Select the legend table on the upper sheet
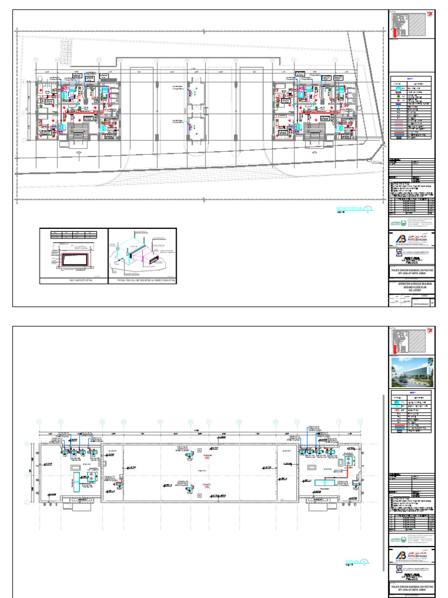(411, 109)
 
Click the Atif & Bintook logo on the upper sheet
(411, 239)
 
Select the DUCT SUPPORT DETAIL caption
(73, 281)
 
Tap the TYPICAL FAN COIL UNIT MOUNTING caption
(142, 281)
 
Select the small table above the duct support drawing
(73, 234)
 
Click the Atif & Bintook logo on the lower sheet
(411, 555)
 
